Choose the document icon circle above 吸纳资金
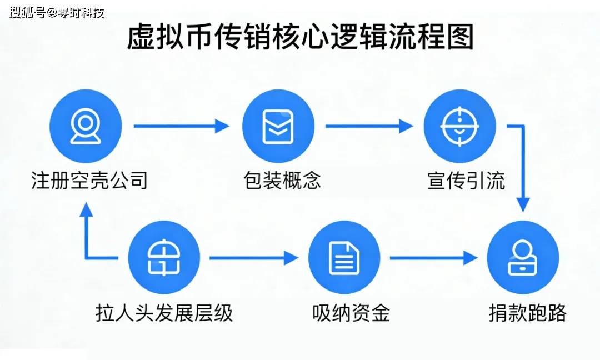tap(344, 258)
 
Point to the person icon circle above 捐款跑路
tap(523, 258)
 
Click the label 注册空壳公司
tap(89, 181)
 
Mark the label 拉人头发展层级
tap(164, 313)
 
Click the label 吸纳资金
tap(351, 313)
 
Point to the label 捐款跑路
tap(527, 313)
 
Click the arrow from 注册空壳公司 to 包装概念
tap(181, 126)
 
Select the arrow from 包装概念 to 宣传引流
tap(369, 126)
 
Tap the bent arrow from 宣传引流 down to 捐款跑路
tap(523, 167)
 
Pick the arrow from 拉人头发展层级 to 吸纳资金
tap(253, 258)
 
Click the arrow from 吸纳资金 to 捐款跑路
tap(433, 258)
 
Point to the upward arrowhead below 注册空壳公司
tap(86, 210)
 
